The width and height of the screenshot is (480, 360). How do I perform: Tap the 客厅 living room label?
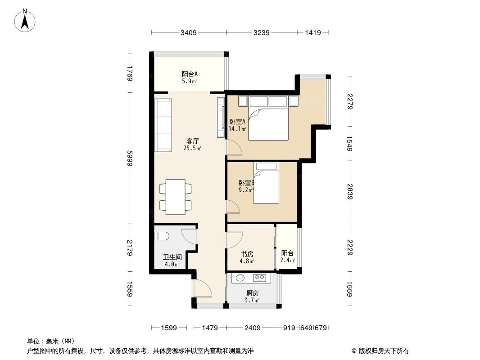[x=193, y=141]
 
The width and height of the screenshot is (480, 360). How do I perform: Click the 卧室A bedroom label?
[x=237, y=121]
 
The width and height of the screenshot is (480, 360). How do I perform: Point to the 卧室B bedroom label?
[x=246, y=183]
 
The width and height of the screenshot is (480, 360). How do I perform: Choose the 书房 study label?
[x=247, y=254]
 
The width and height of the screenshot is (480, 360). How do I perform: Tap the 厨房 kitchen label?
[x=252, y=293]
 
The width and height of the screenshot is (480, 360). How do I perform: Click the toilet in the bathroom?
[x=161, y=236]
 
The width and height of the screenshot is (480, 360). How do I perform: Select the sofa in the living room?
[x=163, y=125]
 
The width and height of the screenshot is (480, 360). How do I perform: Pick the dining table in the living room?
[x=175, y=197]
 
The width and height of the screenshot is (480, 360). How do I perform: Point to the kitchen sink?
[x=240, y=278]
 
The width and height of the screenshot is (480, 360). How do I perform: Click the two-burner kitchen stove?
[x=259, y=278]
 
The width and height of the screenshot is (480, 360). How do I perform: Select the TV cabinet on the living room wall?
[x=221, y=117]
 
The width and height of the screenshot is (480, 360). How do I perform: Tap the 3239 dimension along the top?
[x=262, y=32]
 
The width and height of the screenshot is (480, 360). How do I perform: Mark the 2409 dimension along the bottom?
[x=253, y=328]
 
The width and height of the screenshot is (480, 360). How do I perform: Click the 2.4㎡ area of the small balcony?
[x=288, y=261]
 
